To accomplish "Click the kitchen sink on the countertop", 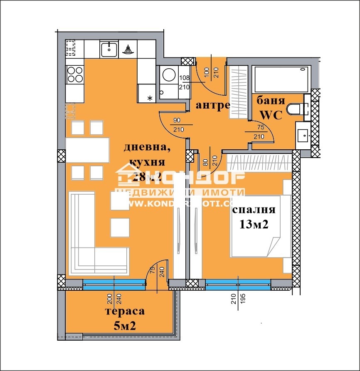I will (x=109, y=49).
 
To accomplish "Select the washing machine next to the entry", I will (x=169, y=76).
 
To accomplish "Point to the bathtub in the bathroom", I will (x=281, y=79).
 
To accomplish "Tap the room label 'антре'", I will (x=213, y=106).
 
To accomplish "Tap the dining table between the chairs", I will (x=87, y=150).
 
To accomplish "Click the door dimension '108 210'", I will (x=184, y=82).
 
